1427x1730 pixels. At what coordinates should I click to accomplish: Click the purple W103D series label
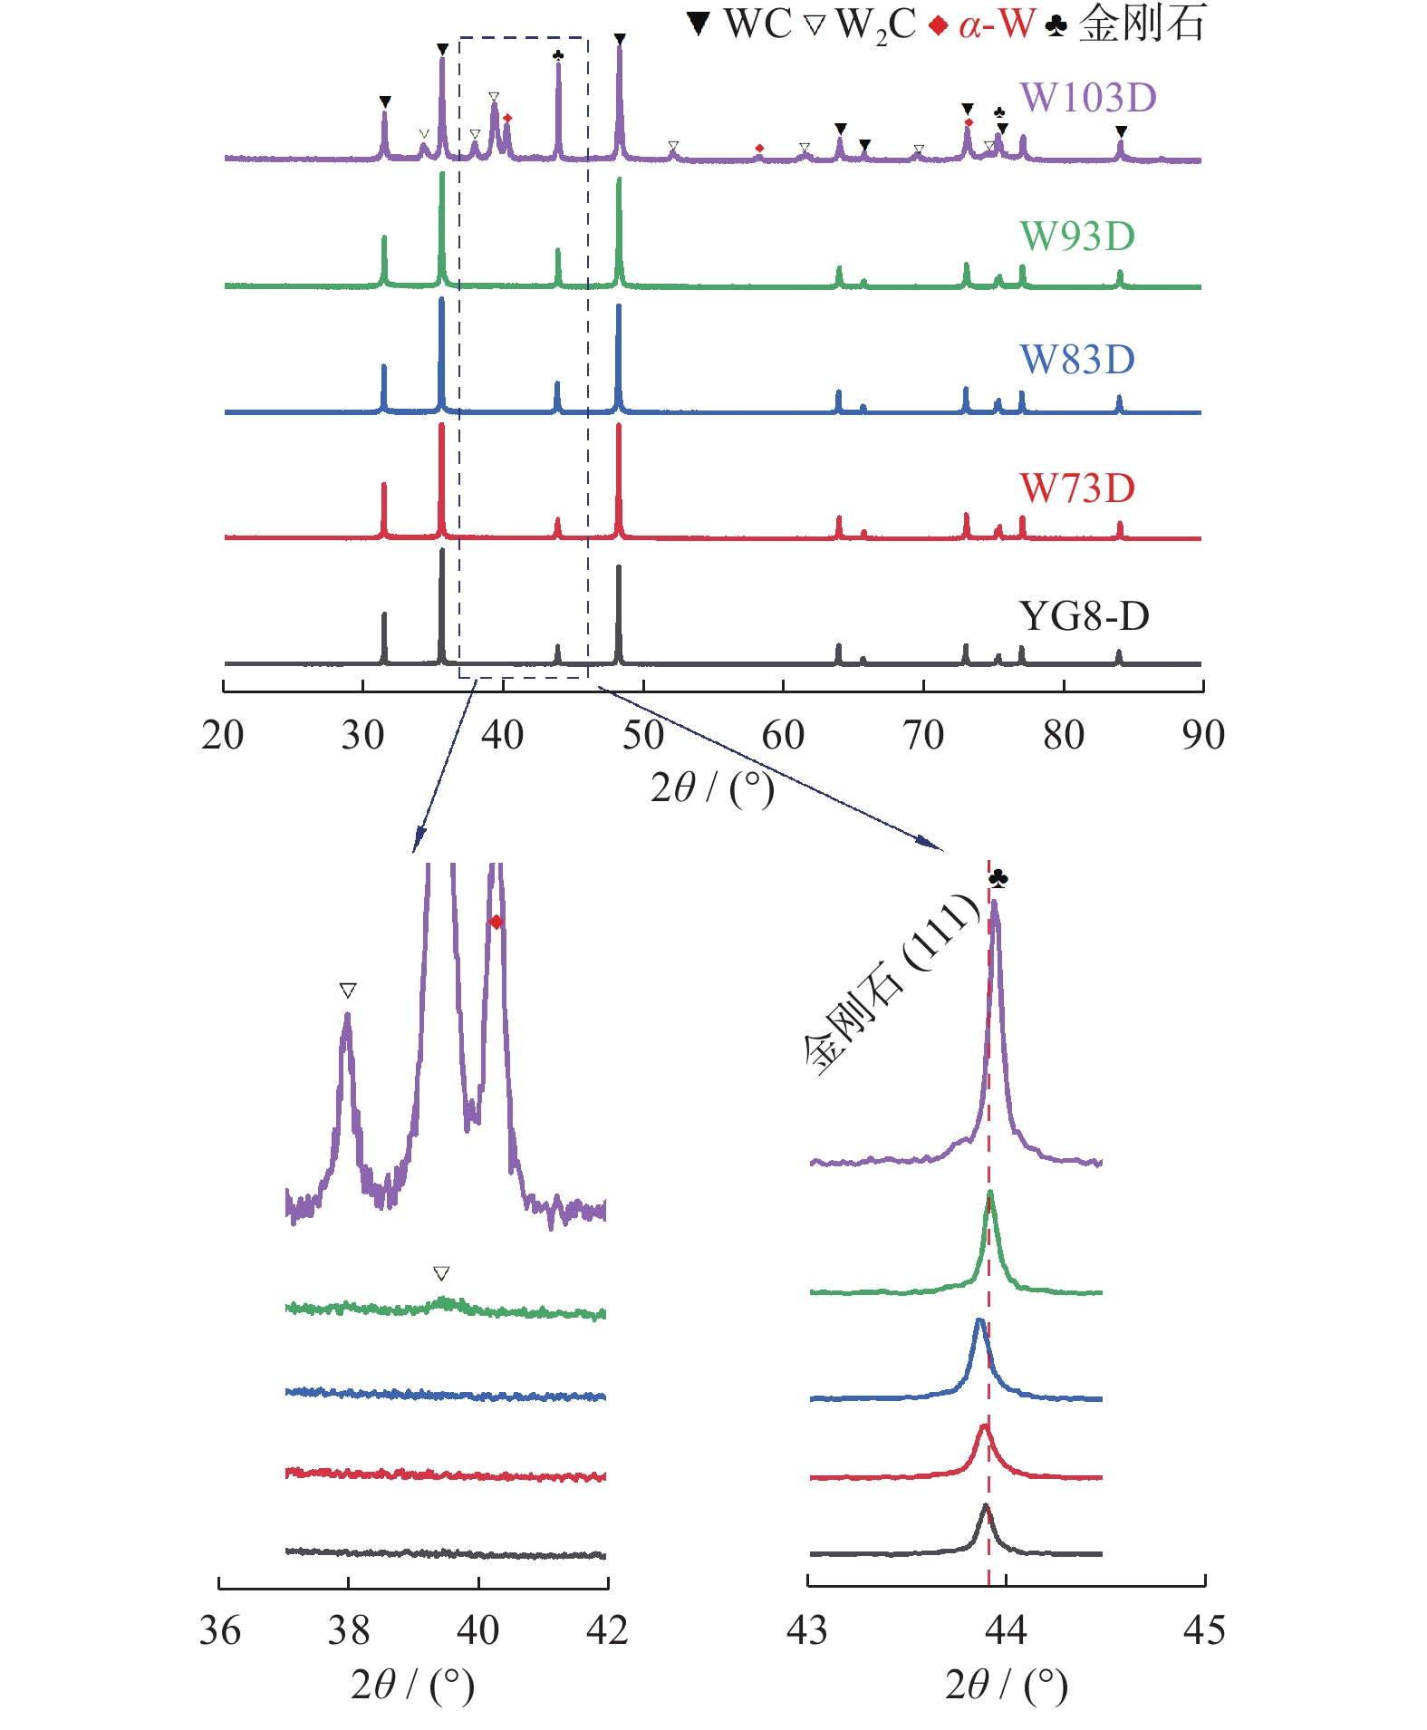coord(1088,98)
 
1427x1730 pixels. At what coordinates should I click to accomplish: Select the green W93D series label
coord(1077,237)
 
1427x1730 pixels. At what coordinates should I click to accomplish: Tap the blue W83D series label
coord(1077,360)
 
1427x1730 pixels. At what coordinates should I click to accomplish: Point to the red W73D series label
coord(1077,488)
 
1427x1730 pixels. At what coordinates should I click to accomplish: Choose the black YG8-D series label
coord(1084,616)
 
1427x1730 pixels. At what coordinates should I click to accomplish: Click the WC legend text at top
coord(757,24)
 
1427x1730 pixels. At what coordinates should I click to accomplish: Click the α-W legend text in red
coord(997,24)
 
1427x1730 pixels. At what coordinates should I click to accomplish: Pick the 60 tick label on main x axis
coord(783,735)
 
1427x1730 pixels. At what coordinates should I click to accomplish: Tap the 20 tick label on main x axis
coord(223,735)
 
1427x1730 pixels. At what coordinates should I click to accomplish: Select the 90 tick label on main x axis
coord(1203,735)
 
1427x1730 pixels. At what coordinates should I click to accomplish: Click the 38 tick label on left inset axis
coord(349,1630)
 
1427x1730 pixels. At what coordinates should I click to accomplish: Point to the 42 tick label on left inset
coord(607,1630)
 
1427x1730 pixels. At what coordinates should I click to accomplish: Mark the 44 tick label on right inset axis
coord(1006,1630)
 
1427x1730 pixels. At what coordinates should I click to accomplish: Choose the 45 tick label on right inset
coord(1204,1630)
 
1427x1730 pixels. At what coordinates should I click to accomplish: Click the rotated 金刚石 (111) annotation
coord(892,985)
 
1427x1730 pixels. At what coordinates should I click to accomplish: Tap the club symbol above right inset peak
coord(998,878)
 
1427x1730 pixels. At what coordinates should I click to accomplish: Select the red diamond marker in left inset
coord(496,923)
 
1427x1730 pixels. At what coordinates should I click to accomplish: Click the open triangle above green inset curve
coord(441,1273)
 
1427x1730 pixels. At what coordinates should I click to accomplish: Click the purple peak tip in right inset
coord(995,903)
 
